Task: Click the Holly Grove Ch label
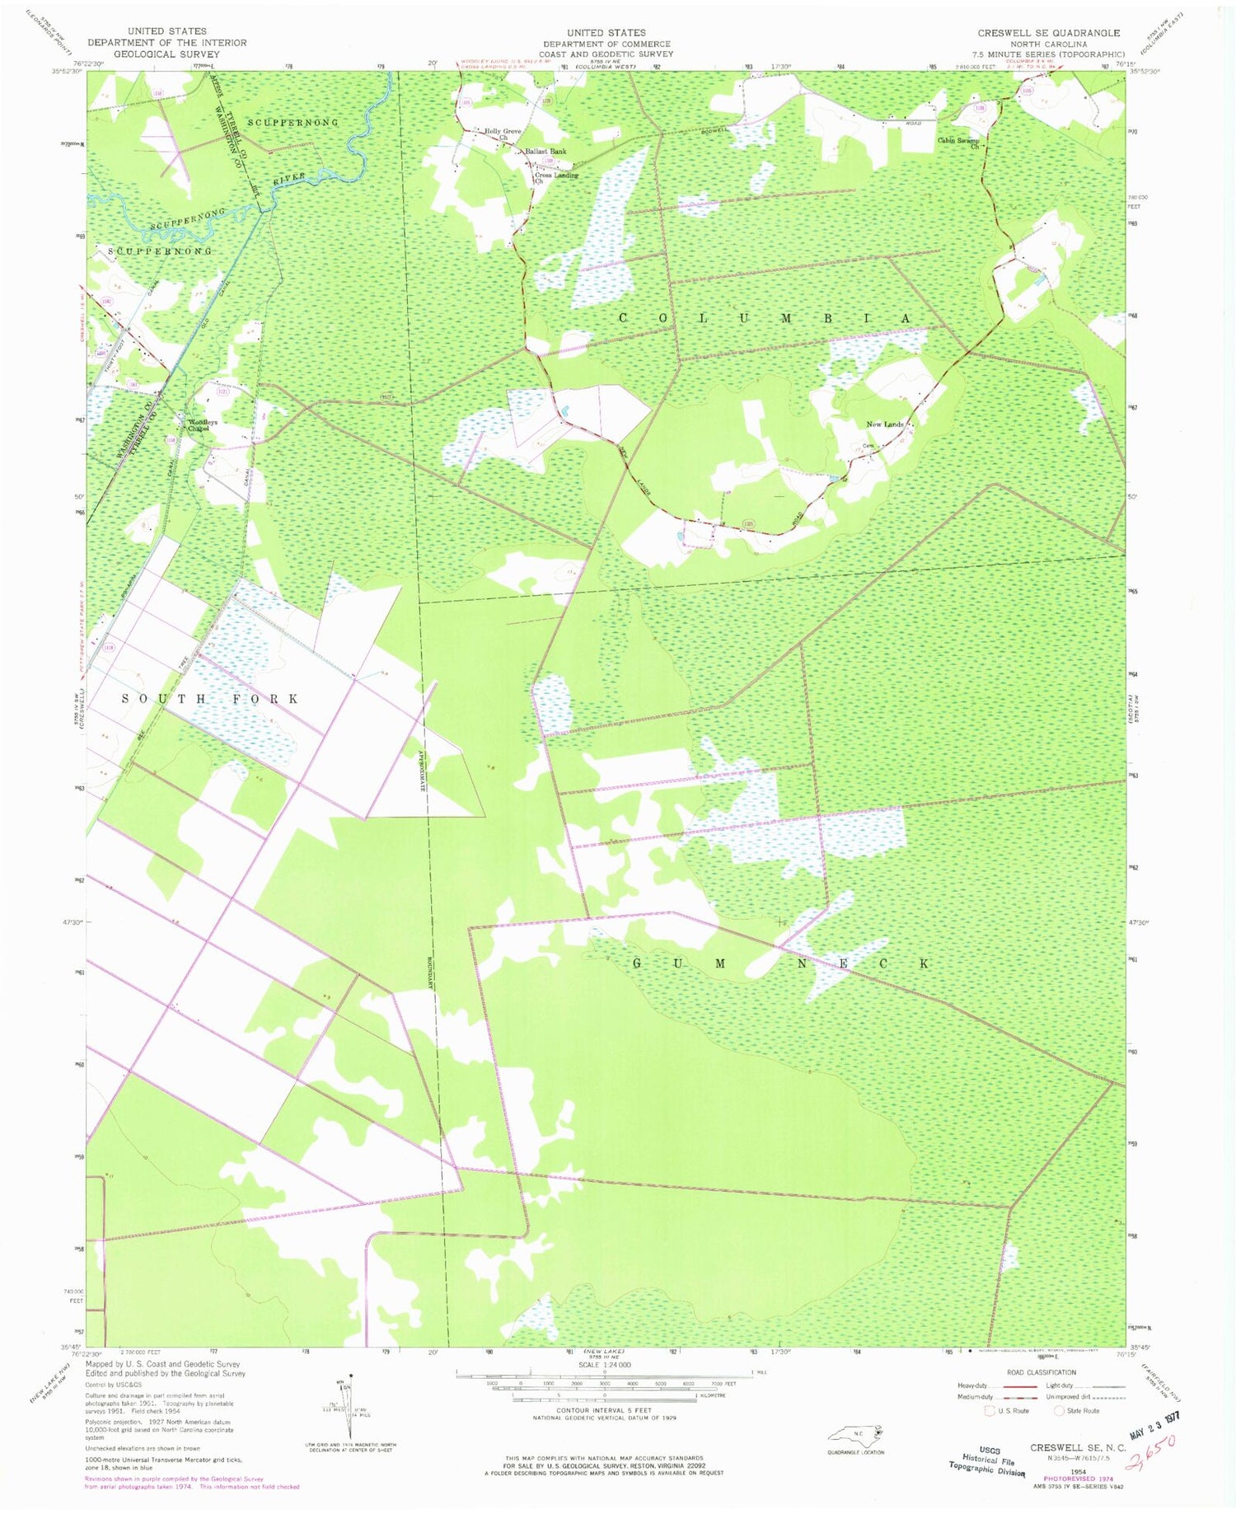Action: click(503, 134)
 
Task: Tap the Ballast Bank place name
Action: click(545, 152)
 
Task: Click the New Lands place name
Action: click(885, 424)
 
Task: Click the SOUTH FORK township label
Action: click(210, 699)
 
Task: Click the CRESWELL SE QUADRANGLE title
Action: click(1048, 33)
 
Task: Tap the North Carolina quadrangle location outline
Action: click(854, 1432)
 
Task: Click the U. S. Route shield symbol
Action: click(991, 1410)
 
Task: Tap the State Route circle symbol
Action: click(1061, 1410)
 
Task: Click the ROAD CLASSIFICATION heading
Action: click(1042, 1372)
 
